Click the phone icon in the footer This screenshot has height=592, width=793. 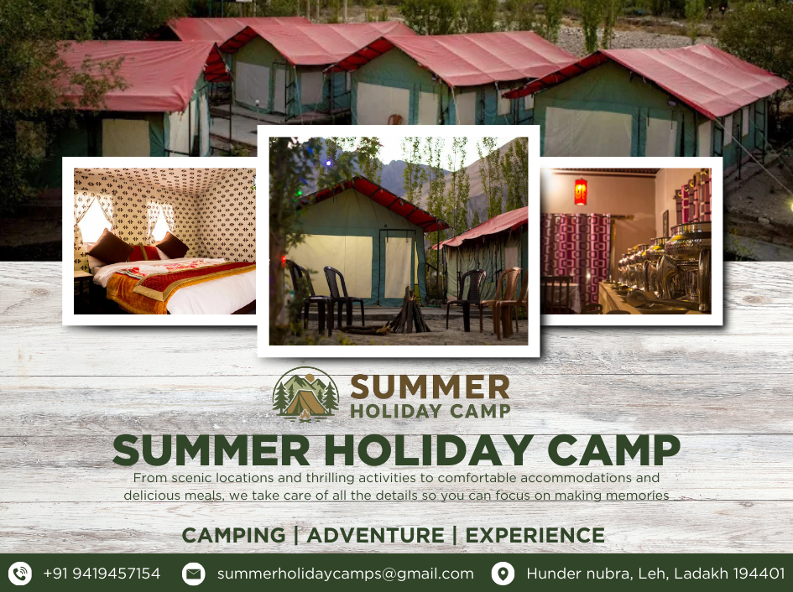point(20,574)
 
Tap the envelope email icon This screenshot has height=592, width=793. point(193,574)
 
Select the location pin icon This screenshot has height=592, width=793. point(503,574)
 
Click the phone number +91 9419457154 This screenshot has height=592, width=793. point(102,574)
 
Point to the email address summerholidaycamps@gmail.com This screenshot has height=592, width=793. point(346,574)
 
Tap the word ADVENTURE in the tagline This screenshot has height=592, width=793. point(375,535)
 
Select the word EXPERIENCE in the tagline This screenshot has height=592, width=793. point(535,535)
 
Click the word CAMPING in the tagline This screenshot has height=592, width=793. point(233,535)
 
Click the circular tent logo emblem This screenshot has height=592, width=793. point(305,394)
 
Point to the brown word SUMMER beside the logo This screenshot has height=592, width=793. point(430,387)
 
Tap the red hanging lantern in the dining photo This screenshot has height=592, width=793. point(581,191)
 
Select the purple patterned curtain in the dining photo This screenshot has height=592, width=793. point(576,257)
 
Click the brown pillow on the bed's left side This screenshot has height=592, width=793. point(109,247)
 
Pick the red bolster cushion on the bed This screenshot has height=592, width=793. point(144,252)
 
